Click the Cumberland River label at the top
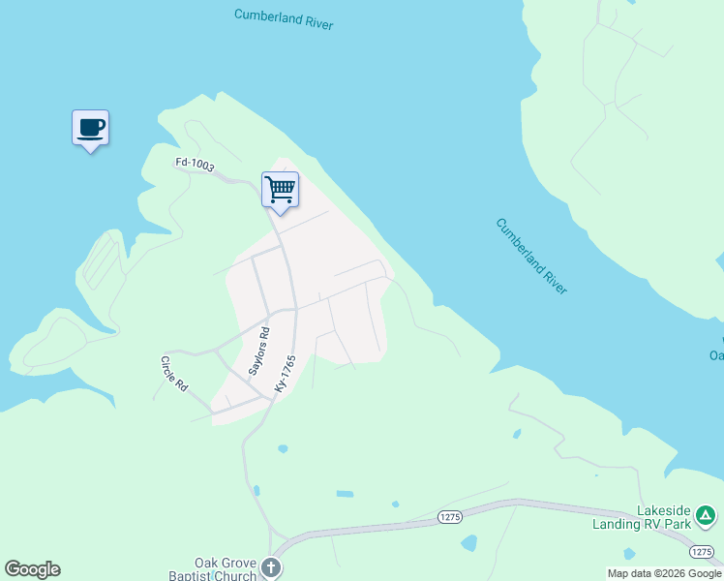pos(284,19)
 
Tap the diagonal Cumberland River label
pos(531,257)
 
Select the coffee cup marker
pos(91,128)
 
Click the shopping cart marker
pos(280,189)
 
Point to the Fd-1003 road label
pos(195,166)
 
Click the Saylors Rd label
pos(258,351)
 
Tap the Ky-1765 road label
pos(285,373)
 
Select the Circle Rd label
pos(174,373)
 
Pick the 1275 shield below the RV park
pos(704,551)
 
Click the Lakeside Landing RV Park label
pos(664,517)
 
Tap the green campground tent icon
pos(708,515)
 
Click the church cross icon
pos(273,568)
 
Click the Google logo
pos(32,569)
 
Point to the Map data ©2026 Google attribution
pos(663,573)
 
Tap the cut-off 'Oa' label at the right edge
pos(716,355)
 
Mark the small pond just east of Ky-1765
pos(282,449)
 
